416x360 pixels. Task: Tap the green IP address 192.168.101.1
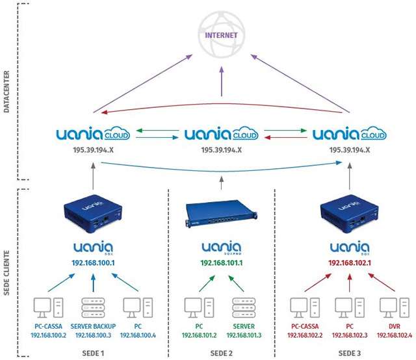click(x=221, y=264)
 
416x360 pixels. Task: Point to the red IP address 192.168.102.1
click(x=348, y=264)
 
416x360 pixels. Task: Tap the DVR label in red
click(x=391, y=326)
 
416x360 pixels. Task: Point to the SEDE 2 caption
click(x=221, y=353)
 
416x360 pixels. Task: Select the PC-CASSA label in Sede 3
click(x=305, y=326)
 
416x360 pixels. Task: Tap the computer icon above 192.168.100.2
click(x=48, y=305)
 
